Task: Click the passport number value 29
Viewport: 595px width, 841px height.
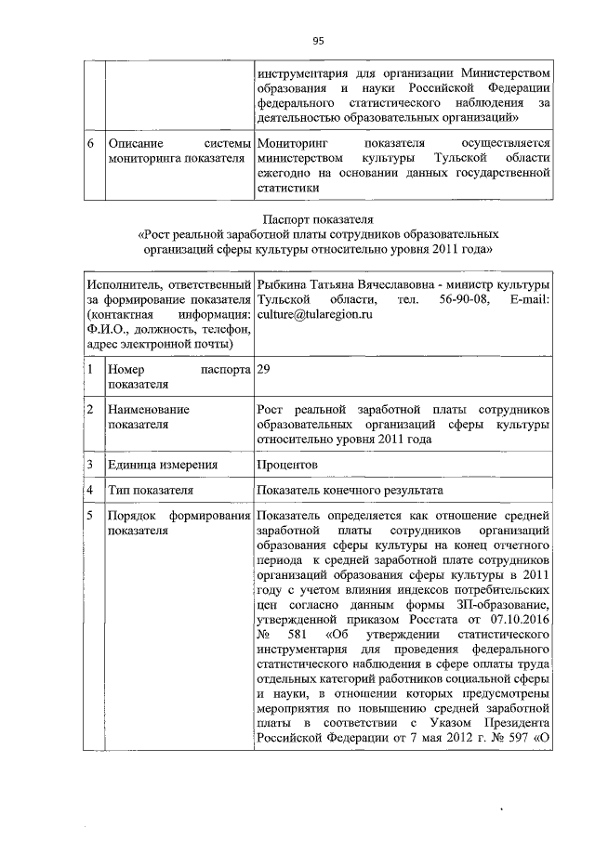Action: pyautogui.click(x=264, y=370)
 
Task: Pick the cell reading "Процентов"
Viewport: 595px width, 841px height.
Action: pyautogui.click(x=287, y=464)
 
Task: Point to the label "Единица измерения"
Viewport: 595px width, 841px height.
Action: pyautogui.click(x=163, y=464)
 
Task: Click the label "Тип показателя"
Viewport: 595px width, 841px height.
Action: pyautogui.click(x=151, y=490)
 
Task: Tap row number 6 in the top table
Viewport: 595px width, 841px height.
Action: pyautogui.click(x=90, y=145)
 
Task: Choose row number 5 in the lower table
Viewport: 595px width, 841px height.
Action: pyautogui.click(x=90, y=516)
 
